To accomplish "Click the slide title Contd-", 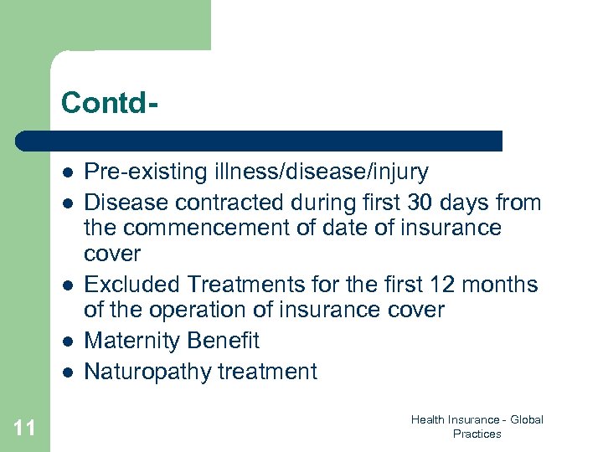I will (110, 103).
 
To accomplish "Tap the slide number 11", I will (25, 429).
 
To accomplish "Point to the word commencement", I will (210, 228).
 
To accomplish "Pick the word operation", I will (185, 310).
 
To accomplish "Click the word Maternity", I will (133, 341).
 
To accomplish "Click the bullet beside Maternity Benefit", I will (66, 342).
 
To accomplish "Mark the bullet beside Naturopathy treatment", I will (66, 372).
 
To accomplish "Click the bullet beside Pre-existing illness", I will (66, 172).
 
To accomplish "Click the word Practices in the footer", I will (477, 434).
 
